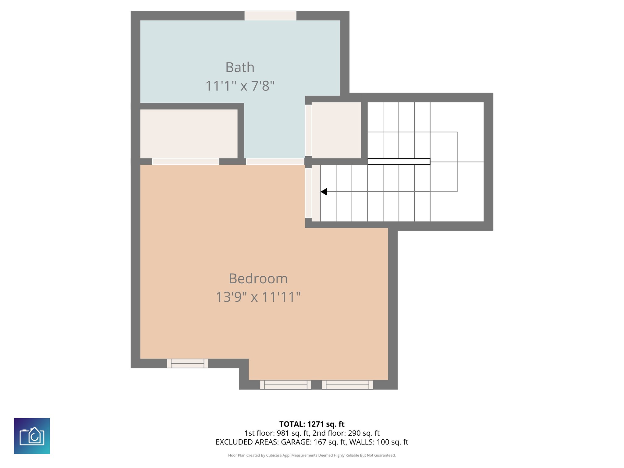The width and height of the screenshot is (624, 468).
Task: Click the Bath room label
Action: click(x=240, y=67)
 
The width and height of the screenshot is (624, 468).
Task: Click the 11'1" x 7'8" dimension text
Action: click(x=240, y=86)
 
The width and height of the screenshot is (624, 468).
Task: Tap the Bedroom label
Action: click(x=258, y=278)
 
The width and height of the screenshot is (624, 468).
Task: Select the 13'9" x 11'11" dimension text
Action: click(x=258, y=297)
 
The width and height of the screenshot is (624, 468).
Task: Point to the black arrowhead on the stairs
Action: click(x=324, y=192)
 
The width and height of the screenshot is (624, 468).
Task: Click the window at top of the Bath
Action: click(x=270, y=16)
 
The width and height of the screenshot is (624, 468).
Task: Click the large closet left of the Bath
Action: click(x=189, y=134)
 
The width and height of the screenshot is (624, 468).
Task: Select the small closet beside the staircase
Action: click(x=336, y=130)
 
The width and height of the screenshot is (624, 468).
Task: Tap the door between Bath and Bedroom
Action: click(x=275, y=161)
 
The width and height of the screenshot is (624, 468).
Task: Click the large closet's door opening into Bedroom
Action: click(x=186, y=161)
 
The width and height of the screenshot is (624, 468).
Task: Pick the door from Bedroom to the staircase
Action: click(x=308, y=193)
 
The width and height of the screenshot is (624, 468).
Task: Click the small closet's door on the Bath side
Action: click(x=308, y=130)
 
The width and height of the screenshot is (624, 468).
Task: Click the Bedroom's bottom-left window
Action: click(x=187, y=363)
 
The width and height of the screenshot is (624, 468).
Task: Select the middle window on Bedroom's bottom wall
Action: click(x=285, y=385)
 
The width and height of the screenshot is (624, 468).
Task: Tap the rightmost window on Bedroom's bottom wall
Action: click(x=347, y=385)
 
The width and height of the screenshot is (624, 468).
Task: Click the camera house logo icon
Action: click(x=32, y=436)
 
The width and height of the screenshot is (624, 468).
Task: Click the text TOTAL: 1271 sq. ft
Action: click(x=312, y=424)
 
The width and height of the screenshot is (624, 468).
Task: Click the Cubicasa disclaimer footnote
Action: click(x=312, y=455)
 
